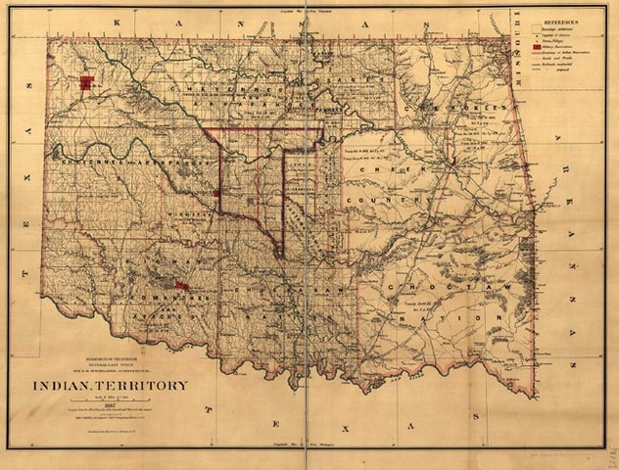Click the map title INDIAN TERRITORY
pos(110,385)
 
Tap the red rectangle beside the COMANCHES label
pos(180,286)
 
